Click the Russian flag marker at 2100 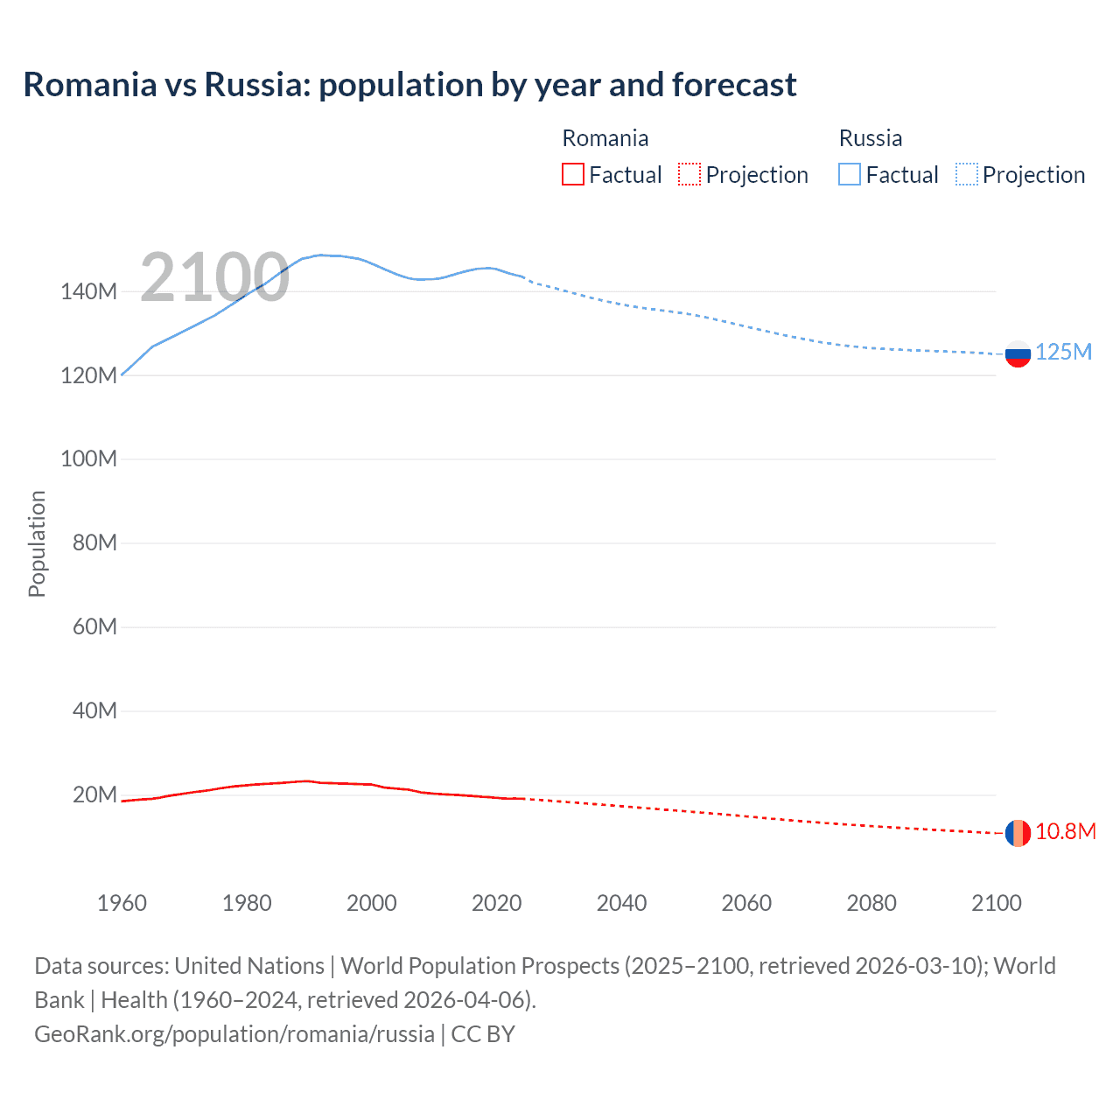click(1018, 354)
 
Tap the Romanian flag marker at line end click(1018, 833)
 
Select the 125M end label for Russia click(1063, 352)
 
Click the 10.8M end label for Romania click(1065, 831)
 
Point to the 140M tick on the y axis click(88, 291)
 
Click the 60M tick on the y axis click(94, 626)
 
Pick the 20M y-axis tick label click(94, 794)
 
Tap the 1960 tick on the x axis click(122, 903)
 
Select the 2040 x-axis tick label click(621, 903)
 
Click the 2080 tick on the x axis click(871, 903)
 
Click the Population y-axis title click(37, 543)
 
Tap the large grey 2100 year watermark click(214, 277)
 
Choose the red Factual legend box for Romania click(573, 174)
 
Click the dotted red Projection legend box click(689, 174)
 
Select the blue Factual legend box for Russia click(850, 174)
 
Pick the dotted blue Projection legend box click(966, 174)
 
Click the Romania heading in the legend click(605, 138)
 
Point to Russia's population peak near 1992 click(322, 255)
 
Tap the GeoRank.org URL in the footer click(234, 1033)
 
